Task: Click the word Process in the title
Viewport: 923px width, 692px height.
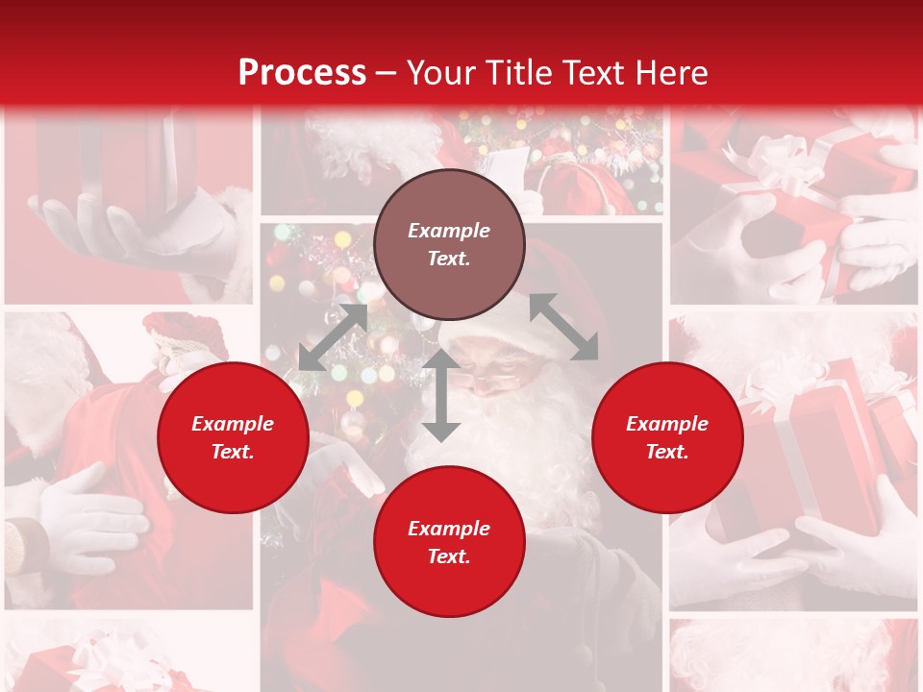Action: click(302, 73)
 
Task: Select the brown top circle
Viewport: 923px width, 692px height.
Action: click(449, 245)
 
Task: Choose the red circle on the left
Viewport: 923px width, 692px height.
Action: click(233, 438)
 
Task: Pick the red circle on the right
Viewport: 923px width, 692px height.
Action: click(667, 438)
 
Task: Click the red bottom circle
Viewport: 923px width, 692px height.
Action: click(449, 542)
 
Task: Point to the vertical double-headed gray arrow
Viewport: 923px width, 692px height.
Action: click(441, 395)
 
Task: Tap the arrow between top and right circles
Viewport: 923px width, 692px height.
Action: click(564, 328)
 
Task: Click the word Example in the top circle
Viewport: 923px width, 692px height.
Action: click(449, 231)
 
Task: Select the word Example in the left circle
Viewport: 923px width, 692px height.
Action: click(233, 424)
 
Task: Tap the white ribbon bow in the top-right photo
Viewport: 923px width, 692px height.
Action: click(769, 163)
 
